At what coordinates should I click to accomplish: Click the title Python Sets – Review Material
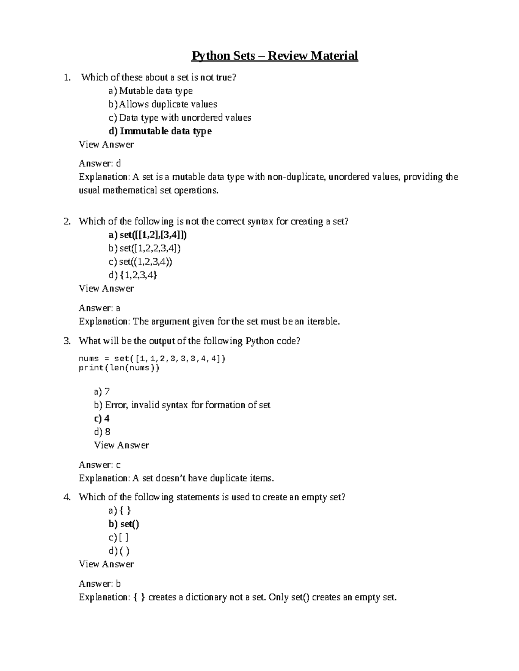[x=275, y=56]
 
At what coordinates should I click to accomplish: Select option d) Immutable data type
[x=160, y=131]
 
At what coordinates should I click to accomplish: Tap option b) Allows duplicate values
[x=163, y=104]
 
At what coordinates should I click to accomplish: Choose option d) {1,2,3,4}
[x=133, y=275]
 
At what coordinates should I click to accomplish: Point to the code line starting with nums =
[x=152, y=359]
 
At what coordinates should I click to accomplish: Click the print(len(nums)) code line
[x=119, y=368]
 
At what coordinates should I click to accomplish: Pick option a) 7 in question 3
[x=102, y=391]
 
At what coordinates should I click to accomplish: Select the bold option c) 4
[x=102, y=418]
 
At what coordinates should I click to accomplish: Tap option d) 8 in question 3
[x=102, y=432]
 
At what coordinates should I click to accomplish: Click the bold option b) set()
[x=124, y=524]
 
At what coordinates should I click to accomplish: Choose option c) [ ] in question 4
[x=119, y=537]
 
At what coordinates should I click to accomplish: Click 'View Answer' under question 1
[x=106, y=144]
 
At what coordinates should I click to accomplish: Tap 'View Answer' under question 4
[x=106, y=564]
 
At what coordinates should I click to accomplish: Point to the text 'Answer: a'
[x=99, y=308]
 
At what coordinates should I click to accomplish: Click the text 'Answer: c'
[x=99, y=465]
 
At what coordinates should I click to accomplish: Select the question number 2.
[x=67, y=222]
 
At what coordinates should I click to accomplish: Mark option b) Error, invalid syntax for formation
[x=182, y=405]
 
